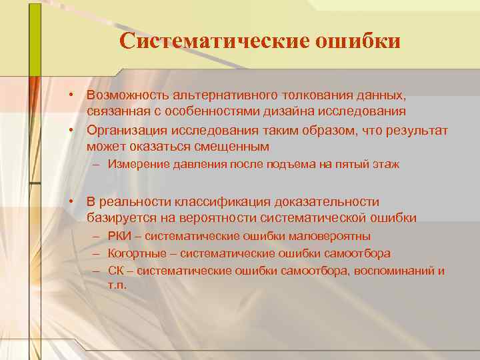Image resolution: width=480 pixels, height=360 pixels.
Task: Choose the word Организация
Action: click(x=127, y=129)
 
